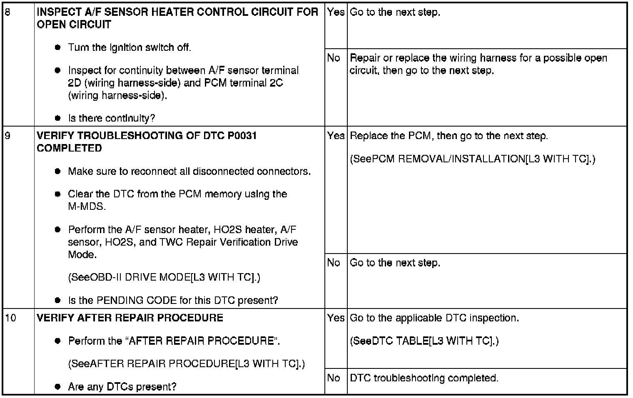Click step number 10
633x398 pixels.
10,318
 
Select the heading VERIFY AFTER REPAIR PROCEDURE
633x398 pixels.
130,318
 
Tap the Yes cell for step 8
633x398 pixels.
336,12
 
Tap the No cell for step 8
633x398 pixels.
334,58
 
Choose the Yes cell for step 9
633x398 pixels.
336,136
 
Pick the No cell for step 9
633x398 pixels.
334,263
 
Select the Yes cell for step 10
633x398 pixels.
336,318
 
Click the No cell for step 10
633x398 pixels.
334,378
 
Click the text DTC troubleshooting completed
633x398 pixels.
424,378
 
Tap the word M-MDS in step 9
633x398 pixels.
87,206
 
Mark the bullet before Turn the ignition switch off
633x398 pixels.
58,47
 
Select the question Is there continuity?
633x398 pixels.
111,118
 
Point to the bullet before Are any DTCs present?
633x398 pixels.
58,387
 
